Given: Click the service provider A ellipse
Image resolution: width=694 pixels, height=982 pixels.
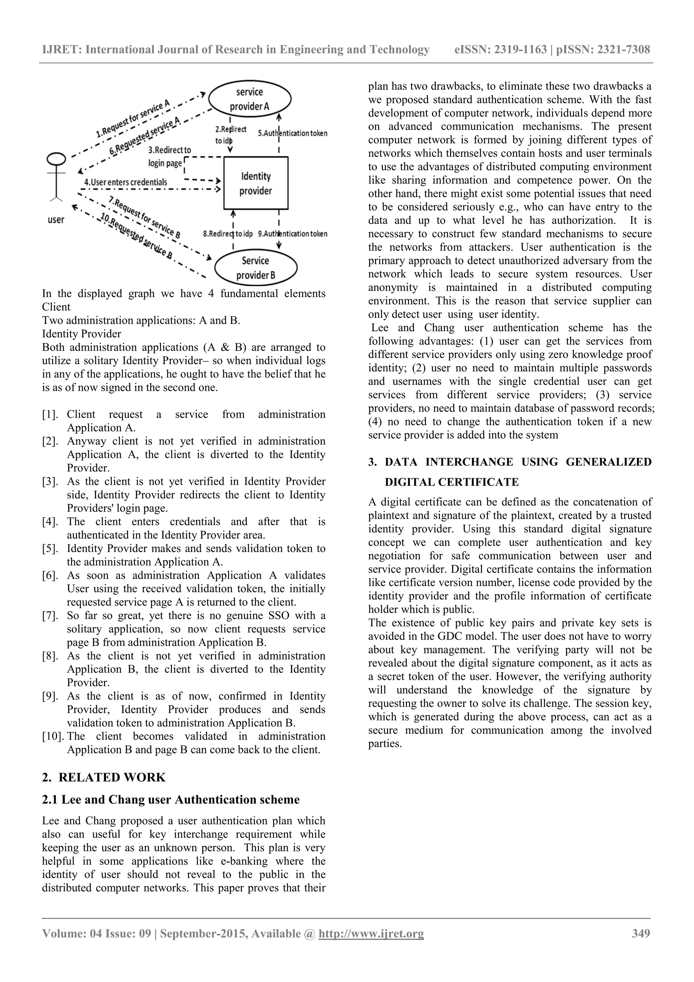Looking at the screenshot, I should coord(249,99).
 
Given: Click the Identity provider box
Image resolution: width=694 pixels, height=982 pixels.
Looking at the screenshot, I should coord(256,183).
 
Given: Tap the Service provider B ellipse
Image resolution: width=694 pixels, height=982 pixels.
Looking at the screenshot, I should coord(256,267).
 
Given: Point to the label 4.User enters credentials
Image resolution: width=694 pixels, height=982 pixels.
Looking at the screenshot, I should coord(126,182).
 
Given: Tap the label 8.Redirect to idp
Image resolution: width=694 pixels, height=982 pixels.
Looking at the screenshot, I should coord(227,234).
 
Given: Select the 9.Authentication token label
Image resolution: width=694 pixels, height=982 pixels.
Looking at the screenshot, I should coord(292,234).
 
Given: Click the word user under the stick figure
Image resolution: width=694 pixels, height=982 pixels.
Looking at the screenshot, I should coord(56,220).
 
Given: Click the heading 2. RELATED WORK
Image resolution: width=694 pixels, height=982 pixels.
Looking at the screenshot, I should coord(104,778).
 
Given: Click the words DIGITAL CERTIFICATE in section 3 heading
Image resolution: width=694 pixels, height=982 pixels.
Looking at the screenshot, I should coord(452,482).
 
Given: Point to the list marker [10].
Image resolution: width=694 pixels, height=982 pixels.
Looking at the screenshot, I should coord(53,736).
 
